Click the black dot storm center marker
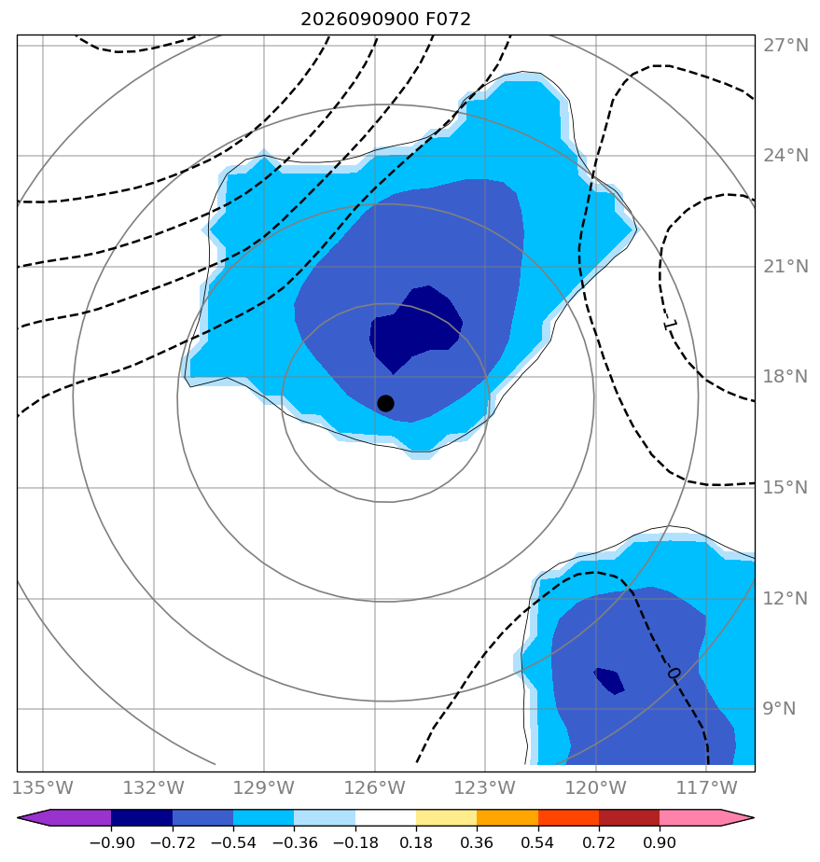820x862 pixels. [385, 404]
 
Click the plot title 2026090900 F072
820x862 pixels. [386, 20]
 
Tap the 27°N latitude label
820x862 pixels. [785, 45]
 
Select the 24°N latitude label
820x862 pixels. [785, 156]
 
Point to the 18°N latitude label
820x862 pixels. [785, 377]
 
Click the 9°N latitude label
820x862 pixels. [779, 709]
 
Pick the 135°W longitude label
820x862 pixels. [43, 787]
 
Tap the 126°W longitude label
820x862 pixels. [375, 787]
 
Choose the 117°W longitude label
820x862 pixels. [707, 787]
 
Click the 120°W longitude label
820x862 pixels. [596, 787]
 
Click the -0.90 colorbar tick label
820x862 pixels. [112, 842]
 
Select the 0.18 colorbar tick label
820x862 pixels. [416, 842]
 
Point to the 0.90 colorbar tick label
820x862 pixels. [660, 842]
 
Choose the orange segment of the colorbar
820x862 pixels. [507, 817]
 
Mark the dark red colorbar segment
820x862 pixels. [629, 817]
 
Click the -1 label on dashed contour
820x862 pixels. [671, 325]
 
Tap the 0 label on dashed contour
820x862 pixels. [674, 674]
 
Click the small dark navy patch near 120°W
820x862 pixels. [610, 681]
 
